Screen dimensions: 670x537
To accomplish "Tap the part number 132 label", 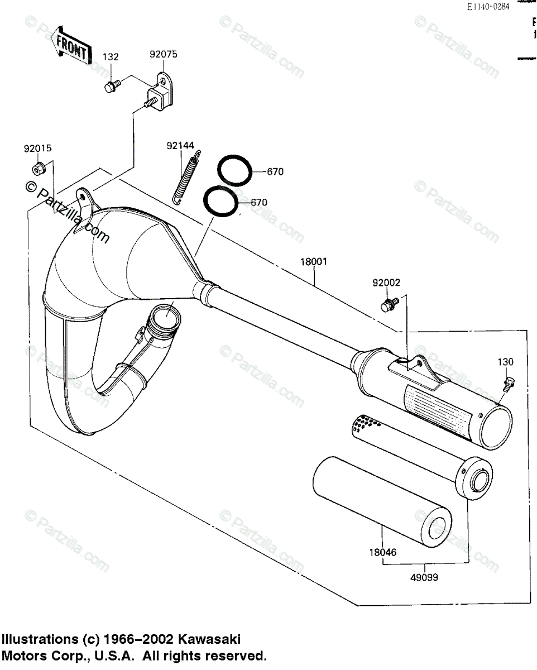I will (111, 57).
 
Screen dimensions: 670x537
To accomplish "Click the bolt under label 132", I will (111, 86).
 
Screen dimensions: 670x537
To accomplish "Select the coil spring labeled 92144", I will (184, 177).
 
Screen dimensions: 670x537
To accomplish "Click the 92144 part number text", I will (180, 146).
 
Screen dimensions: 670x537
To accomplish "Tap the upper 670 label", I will (275, 172).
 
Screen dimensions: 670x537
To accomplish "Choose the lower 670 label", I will (259, 203).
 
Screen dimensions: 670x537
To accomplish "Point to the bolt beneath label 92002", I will (386, 305).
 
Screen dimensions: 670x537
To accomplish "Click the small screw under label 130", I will (509, 382).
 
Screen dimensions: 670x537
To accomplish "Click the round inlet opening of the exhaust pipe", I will (166, 321).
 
